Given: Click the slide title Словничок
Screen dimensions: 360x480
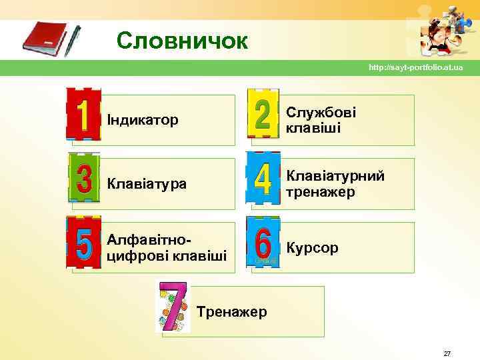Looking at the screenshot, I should (x=182, y=42).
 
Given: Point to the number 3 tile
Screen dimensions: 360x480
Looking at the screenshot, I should (x=84, y=177).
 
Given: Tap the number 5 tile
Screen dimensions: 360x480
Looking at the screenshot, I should (x=84, y=242).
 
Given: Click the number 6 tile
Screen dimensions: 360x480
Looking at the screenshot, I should (x=263, y=243).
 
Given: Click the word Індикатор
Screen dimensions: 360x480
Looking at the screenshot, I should (x=143, y=120).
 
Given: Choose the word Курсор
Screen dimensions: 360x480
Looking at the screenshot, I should (x=312, y=248).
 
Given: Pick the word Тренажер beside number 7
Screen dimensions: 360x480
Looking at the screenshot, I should (x=232, y=312).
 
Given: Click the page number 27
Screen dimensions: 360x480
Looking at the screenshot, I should (x=447, y=353).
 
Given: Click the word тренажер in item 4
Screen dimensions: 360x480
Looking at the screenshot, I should (x=321, y=192).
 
